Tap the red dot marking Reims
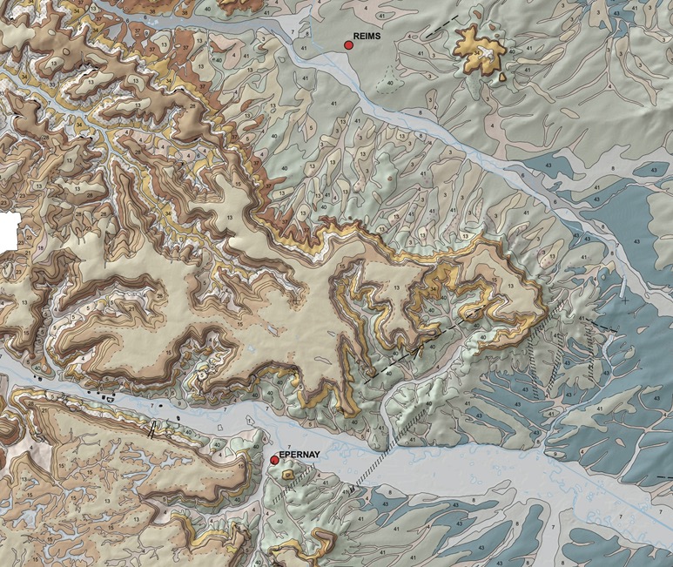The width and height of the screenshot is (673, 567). click(348, 44)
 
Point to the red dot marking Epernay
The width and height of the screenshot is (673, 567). click(274, 460)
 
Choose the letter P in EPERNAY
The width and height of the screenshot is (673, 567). click(286, 453)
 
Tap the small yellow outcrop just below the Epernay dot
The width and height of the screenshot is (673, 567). click(287, 475)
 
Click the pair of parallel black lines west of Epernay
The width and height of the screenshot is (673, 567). click(153, 429)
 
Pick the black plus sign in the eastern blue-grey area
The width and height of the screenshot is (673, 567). click(626, 300)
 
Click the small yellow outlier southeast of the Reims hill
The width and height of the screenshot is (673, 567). click(503, 77)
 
